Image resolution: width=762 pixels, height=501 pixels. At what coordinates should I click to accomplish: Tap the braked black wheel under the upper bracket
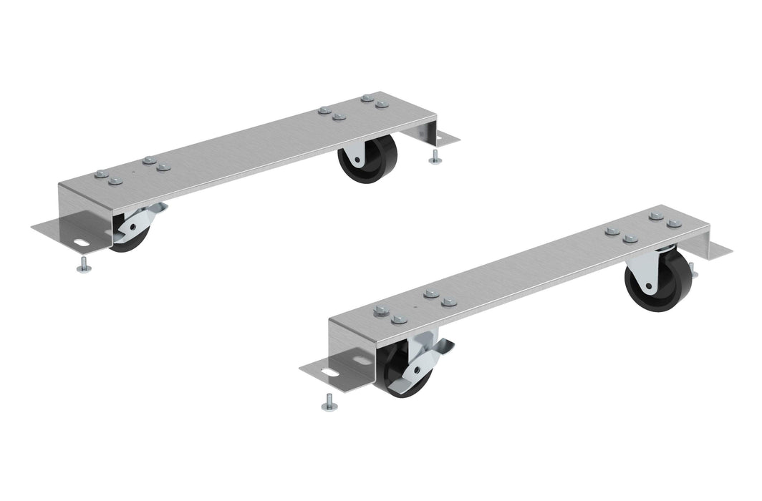[127, 240]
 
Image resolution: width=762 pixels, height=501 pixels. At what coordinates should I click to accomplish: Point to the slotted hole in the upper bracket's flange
[81, 242]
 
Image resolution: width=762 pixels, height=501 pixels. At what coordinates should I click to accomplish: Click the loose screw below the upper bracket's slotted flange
[84, 266]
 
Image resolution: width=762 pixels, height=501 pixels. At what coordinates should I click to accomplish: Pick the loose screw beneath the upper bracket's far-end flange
[434, 158]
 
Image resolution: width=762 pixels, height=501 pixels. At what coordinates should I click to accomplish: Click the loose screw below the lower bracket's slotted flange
[329, 404]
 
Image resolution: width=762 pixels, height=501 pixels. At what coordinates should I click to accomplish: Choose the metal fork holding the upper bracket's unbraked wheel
[353, 155]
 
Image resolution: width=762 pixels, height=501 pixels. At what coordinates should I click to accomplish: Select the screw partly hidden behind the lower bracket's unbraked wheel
[692, 269]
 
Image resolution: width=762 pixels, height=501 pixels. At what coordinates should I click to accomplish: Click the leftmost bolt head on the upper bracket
[101, 174]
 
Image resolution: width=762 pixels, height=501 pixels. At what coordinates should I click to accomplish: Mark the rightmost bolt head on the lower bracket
[674, 223]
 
